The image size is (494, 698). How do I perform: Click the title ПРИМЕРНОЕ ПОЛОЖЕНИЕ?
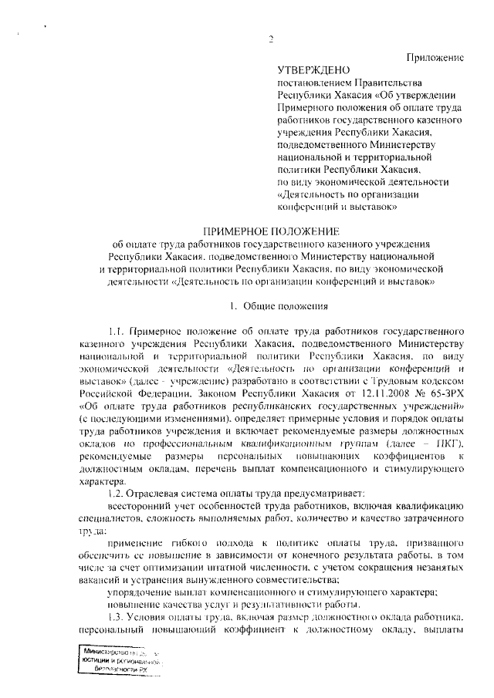point(270,231)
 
